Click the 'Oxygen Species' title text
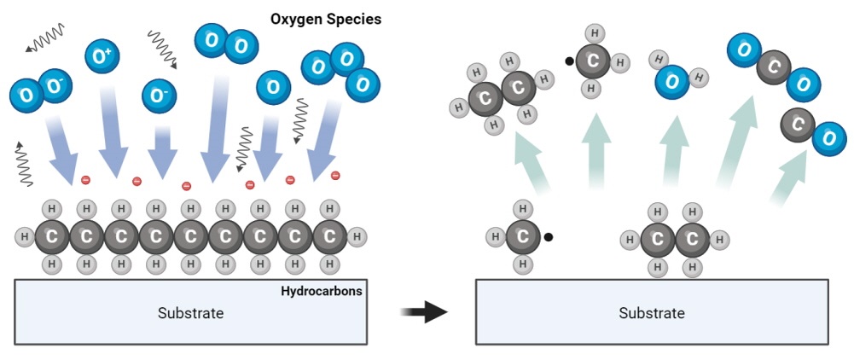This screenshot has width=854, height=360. click(x=326, y=18)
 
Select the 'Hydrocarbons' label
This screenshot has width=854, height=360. click(x=321, y=291)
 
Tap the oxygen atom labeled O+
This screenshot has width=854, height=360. click(x=102, y=57)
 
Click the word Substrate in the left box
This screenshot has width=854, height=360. click(x=190, y=313)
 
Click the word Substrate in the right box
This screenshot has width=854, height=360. click(x=651, y=313)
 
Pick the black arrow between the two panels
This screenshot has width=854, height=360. click(x=424, y=311)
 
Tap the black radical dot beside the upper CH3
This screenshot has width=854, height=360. click(x=568, y=61)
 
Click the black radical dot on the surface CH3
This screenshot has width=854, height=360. click(x=548, y=237)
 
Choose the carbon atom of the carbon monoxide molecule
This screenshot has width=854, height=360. click(x=798, y=125)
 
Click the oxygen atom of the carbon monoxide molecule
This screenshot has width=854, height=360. click(x=828, y=138)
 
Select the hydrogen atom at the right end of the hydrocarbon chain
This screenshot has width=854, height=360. click(x=357, y=236)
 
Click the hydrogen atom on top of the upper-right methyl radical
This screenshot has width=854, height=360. click(x=596, y=33)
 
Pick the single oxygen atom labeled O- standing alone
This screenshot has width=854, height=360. click(x=158, y=96)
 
